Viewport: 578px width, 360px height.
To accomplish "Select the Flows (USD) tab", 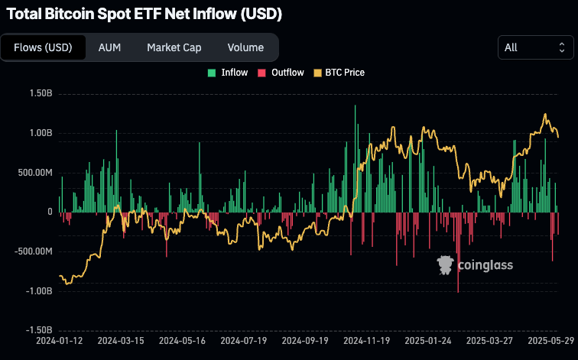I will click(43, 47).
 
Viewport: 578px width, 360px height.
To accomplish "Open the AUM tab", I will click(109, 47).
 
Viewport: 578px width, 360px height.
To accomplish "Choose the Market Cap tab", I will click(174, 47).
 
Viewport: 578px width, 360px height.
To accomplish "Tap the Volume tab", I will click(245, 47).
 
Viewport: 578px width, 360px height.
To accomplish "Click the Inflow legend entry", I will click(228, 73).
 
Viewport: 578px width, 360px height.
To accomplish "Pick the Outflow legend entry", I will click(281, 73).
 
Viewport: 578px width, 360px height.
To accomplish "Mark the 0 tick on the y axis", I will click(50, 212).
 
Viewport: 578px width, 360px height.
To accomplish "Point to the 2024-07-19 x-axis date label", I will click(243, 340).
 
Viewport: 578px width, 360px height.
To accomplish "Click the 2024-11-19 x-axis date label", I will click(367, 340).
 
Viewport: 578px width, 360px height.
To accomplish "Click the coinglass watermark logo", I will click(475, 265).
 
